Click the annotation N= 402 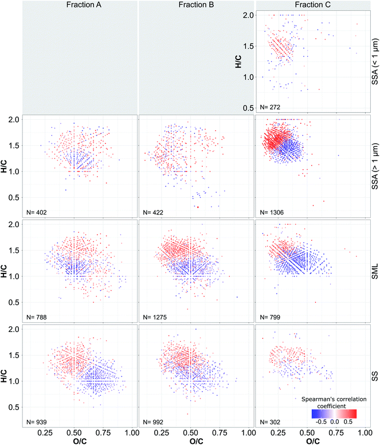(37, 212)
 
